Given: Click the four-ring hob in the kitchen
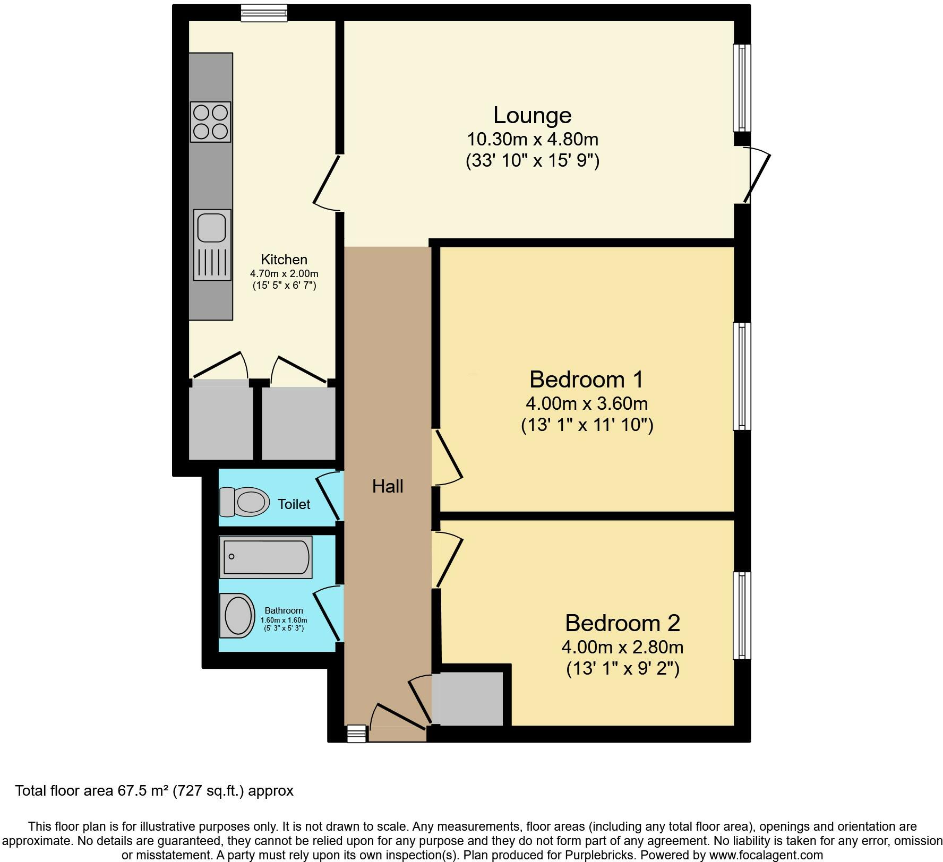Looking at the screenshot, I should [210, 122].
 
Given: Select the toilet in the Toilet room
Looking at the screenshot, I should [244, 502].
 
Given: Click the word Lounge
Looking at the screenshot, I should [532, 115].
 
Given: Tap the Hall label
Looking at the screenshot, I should [388, 486].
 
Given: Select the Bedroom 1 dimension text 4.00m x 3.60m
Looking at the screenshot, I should [586, 403].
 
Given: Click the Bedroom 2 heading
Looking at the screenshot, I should [622, 623].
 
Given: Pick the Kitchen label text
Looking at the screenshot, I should [284, 260].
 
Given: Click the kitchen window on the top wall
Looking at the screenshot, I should [264, 13].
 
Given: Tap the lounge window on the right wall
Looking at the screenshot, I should [742, 88].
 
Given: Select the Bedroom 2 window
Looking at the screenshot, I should [742, 615].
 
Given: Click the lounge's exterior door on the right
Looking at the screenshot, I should [756, 176].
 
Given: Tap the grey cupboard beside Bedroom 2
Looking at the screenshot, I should [468, 699].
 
